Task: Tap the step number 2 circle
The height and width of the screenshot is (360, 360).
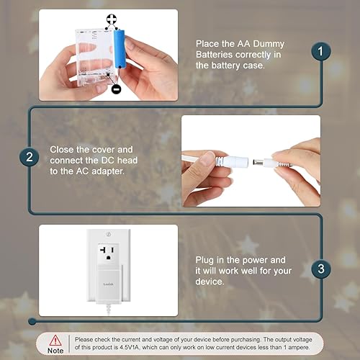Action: tap(29, 157)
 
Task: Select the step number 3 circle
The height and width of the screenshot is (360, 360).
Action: tap(322, 269)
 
